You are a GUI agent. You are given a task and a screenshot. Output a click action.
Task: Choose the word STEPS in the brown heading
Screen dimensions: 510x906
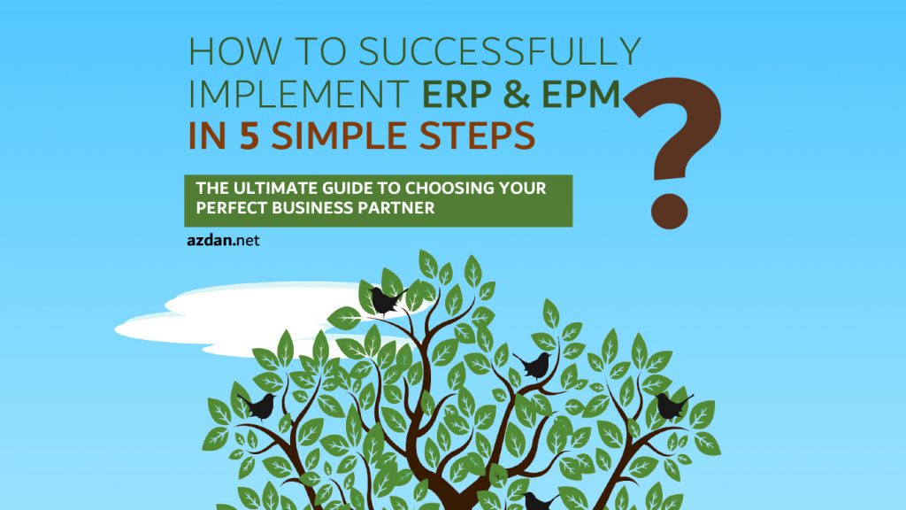tap(473, 135)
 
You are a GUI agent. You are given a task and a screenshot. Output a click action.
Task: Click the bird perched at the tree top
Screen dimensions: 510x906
tap(386, 301)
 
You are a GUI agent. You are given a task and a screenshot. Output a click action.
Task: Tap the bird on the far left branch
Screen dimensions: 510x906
tap(258, 406)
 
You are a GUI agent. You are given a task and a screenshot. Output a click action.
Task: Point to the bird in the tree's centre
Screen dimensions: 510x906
tap(535, 365)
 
